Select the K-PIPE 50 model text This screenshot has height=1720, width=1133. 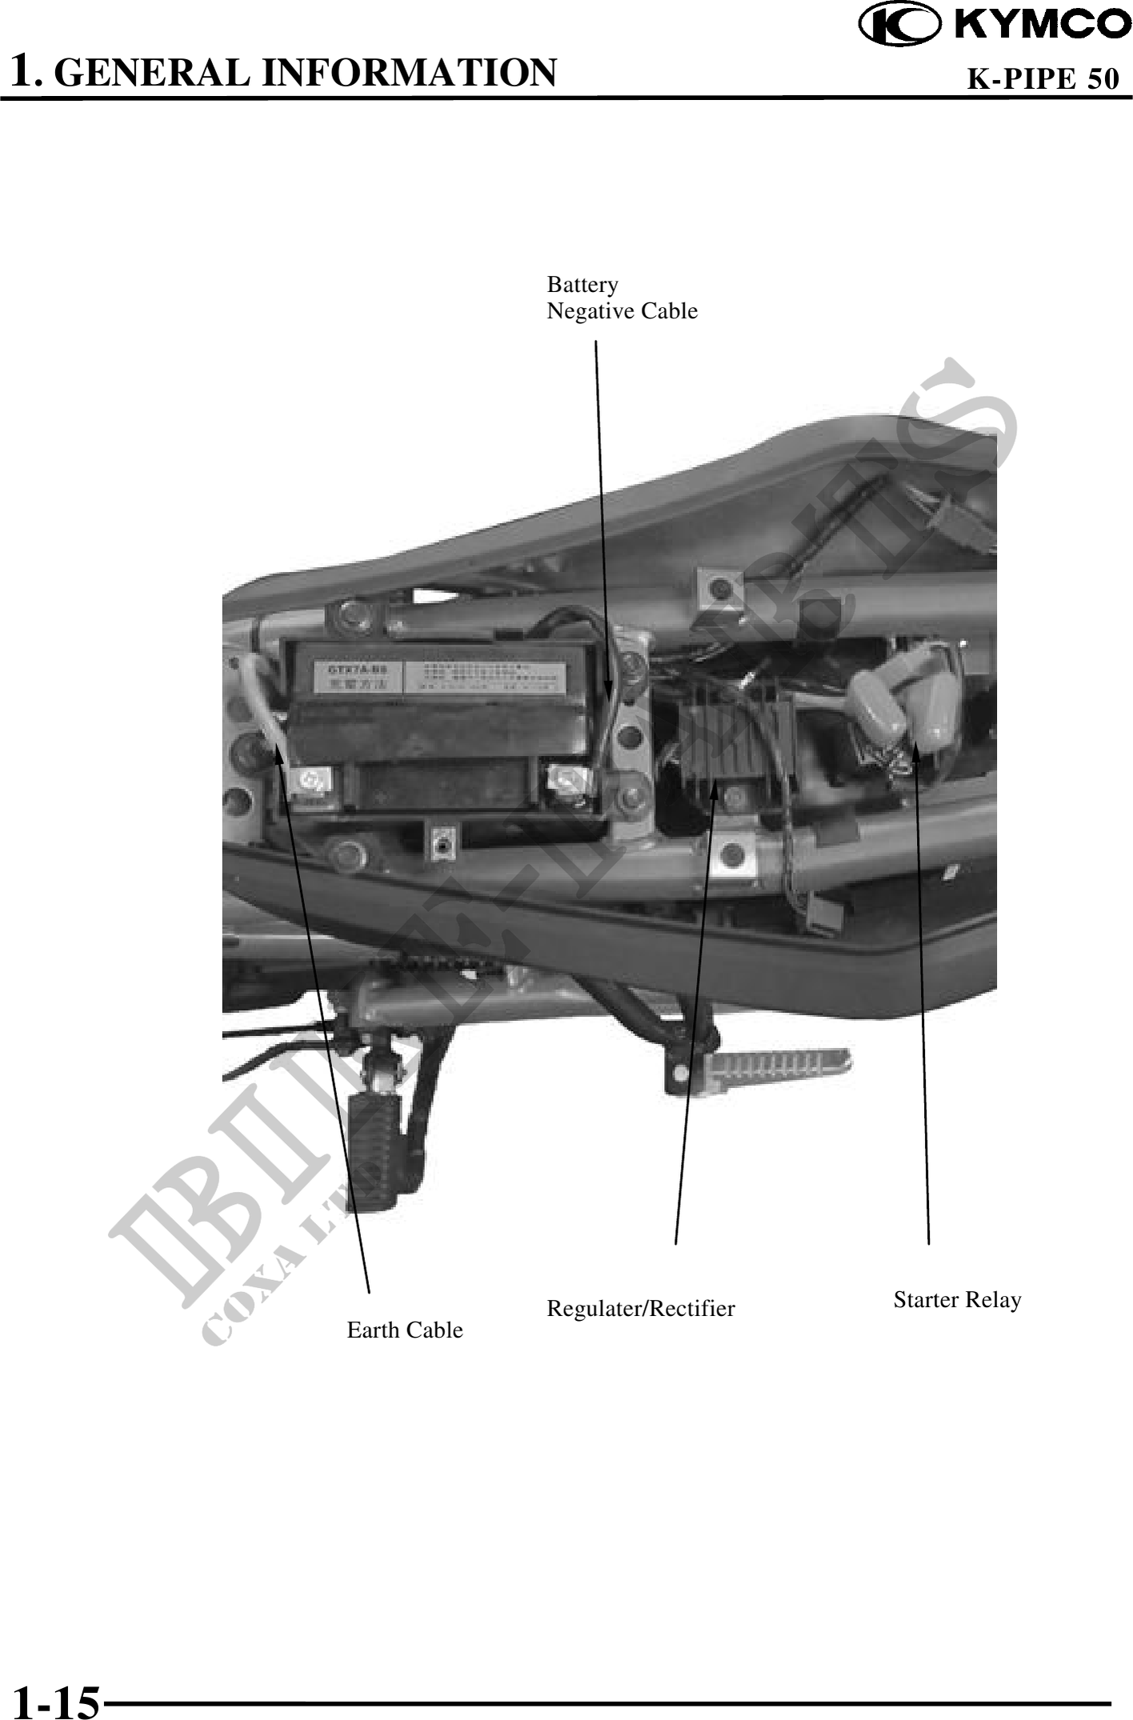1043,78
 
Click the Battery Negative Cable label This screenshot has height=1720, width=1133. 621,298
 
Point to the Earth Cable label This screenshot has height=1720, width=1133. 404,1330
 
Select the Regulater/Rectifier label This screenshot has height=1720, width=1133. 640,1308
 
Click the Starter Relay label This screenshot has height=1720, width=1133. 957,1299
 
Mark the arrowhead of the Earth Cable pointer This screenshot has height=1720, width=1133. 279,752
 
